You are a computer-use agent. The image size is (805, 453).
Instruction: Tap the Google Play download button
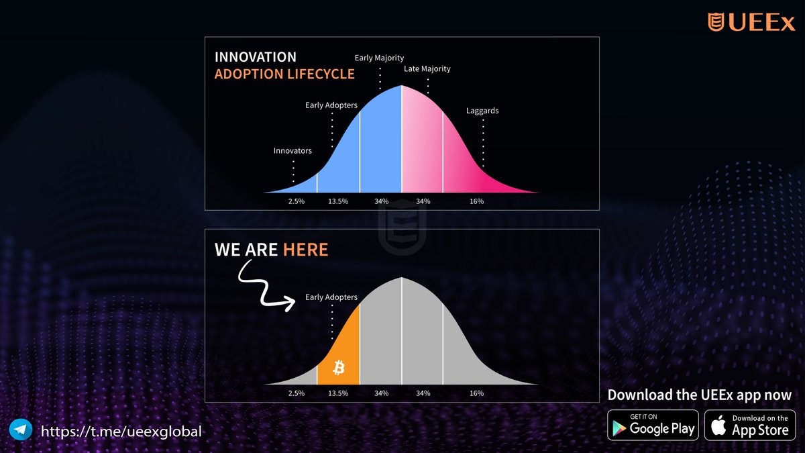coord(653,425)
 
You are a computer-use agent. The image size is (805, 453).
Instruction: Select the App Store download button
coord(749,425)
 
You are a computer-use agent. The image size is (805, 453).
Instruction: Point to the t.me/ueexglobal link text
coord(121,431)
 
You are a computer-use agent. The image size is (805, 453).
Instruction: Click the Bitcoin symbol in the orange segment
coord(339,367)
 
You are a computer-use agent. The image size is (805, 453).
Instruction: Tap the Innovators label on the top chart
coord(292,151)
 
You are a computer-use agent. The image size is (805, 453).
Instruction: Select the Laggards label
coord(482,111)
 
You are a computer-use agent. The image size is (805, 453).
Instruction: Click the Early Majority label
coord(379,58)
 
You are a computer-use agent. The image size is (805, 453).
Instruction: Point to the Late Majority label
coord(427,69)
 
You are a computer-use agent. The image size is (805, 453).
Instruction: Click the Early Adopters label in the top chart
coord(331,105)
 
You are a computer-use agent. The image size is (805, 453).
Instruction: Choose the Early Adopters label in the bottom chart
coord(331,297)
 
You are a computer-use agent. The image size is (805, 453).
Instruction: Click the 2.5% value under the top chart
coord(295,201)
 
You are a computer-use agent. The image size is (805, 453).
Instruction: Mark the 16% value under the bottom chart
coord(476,393)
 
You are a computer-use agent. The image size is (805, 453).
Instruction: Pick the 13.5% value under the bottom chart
coord(337,393)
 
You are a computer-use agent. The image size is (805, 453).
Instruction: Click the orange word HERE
coord(305,250)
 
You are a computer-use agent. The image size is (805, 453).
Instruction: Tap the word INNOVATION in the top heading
coord(255,57)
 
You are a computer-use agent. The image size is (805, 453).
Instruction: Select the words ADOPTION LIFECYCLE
coord(284,74)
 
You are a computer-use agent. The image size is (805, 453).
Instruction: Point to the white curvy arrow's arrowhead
coord(291,304)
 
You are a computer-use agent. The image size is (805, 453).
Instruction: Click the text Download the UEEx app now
coord(699,395)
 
